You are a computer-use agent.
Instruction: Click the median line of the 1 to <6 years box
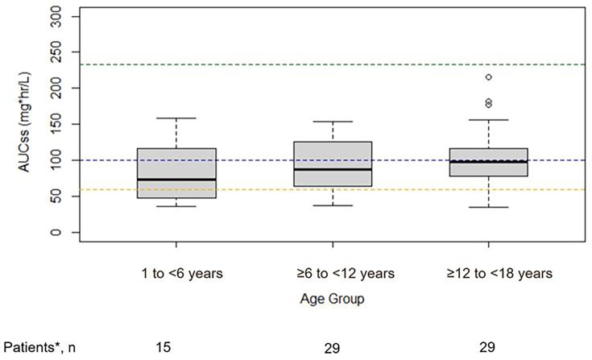(176, 180)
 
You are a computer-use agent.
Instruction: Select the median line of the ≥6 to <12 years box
(333, 169)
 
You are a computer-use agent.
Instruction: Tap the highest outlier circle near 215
(489, 77)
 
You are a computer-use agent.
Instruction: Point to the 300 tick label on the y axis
(56, 17)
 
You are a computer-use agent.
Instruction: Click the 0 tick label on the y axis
(56, 232)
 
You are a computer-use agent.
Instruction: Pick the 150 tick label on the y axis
(56, 124)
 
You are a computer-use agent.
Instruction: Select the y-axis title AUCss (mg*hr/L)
(25, 122)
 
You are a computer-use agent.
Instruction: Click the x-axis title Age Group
(332, 299)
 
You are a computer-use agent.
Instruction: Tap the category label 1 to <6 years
(182, 273)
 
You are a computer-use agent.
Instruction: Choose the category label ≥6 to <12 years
(345, 273)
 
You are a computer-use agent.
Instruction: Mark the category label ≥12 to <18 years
(499, 273)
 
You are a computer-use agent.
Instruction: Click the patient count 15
(164, 346)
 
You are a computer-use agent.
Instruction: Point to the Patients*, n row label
(39, 346)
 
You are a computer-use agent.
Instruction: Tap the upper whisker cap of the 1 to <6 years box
(176, 118)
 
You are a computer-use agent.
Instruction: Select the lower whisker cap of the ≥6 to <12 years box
(333, 205)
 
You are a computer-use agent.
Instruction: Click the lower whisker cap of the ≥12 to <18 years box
(489, 207)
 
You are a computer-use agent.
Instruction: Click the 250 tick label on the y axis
(56, 52)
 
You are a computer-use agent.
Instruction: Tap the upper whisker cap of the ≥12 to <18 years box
(489, 120)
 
